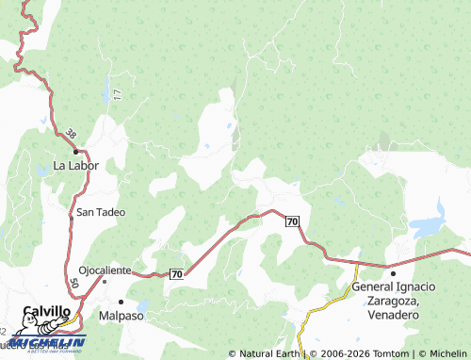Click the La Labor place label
point(75,165)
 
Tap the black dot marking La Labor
point(76,151)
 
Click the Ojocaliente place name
point(105,270)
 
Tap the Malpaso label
point(120,317)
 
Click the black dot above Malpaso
point(121,302)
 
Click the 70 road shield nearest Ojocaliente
point(176,274)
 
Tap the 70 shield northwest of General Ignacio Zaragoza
point(292,221)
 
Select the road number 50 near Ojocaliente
point(73,283)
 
